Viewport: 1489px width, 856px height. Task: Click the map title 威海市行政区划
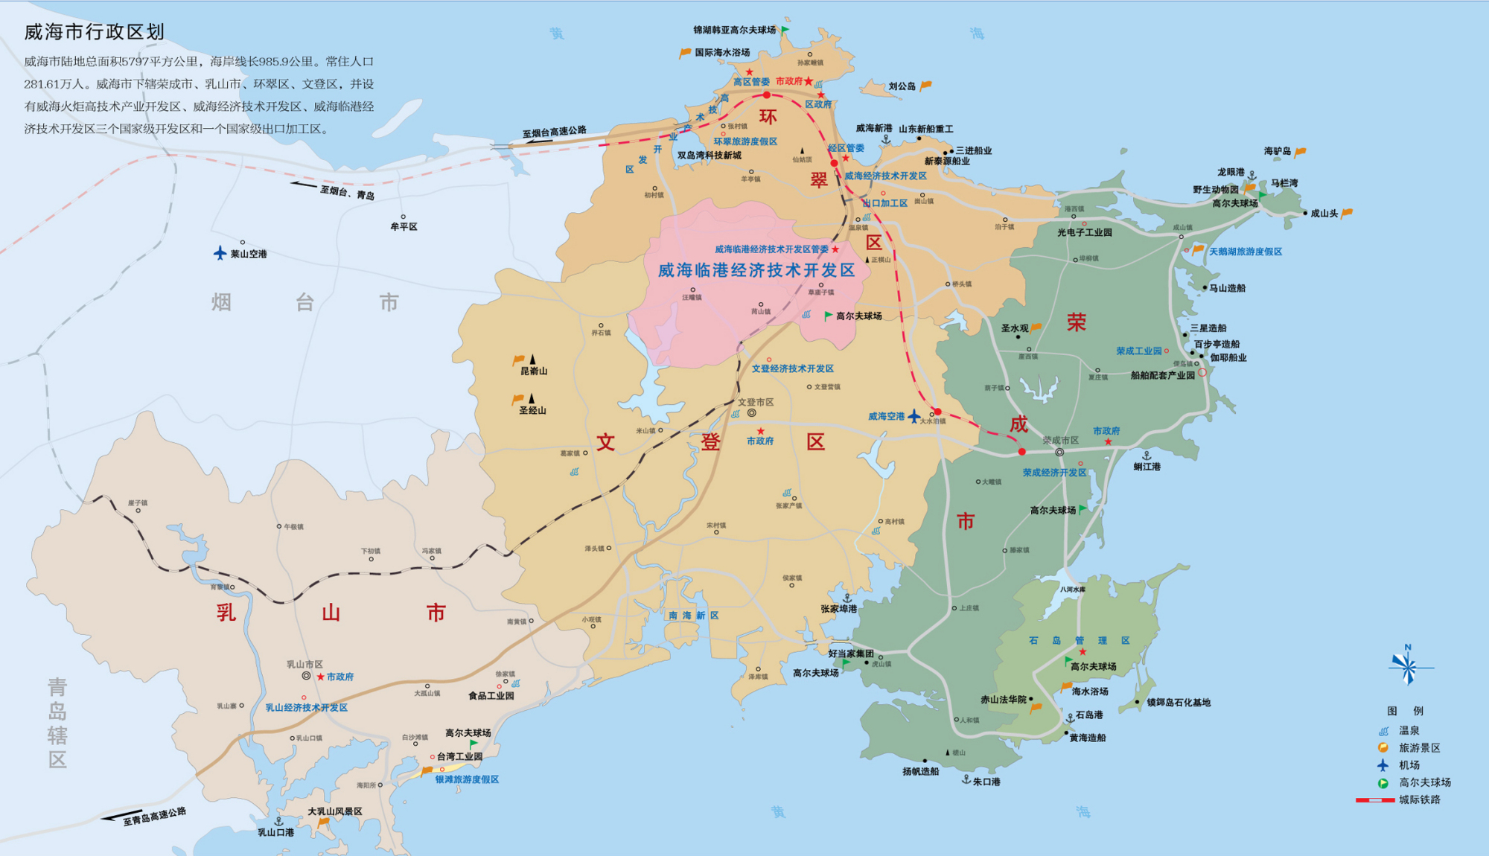tap(94, 32)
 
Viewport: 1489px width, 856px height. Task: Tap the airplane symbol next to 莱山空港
tap(220, 253)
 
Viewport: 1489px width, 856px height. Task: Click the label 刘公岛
tap(902, 86)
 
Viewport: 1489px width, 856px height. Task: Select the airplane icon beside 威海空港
tap(914, 415)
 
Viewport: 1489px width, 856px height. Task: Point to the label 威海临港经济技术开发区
tap(756, 270)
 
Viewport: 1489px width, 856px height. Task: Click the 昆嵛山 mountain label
tap(534, 371)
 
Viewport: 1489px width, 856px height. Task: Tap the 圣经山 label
tap(532, 410)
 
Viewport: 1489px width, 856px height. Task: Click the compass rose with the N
tap(1406, 665)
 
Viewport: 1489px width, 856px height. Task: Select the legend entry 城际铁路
tap(1419, 799)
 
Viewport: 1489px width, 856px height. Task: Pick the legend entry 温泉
tap(1409, 731)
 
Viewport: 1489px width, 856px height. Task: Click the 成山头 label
tap(1324, 214)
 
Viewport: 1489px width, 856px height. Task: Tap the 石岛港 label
tap(1088, 715)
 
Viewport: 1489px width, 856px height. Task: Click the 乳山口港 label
tap(275, 832)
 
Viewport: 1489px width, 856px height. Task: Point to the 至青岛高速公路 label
tap(155, 817)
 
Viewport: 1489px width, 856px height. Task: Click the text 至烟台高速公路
tap(554, 132)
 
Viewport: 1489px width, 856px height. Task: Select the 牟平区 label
tap(404, 227)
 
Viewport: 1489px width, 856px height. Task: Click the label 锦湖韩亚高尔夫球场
tap(734, 31)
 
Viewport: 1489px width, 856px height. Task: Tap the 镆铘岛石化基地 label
tap(1178, 703)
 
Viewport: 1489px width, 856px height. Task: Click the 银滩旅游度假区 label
tap(467, 779)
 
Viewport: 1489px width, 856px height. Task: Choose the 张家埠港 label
tap(838, 609)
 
